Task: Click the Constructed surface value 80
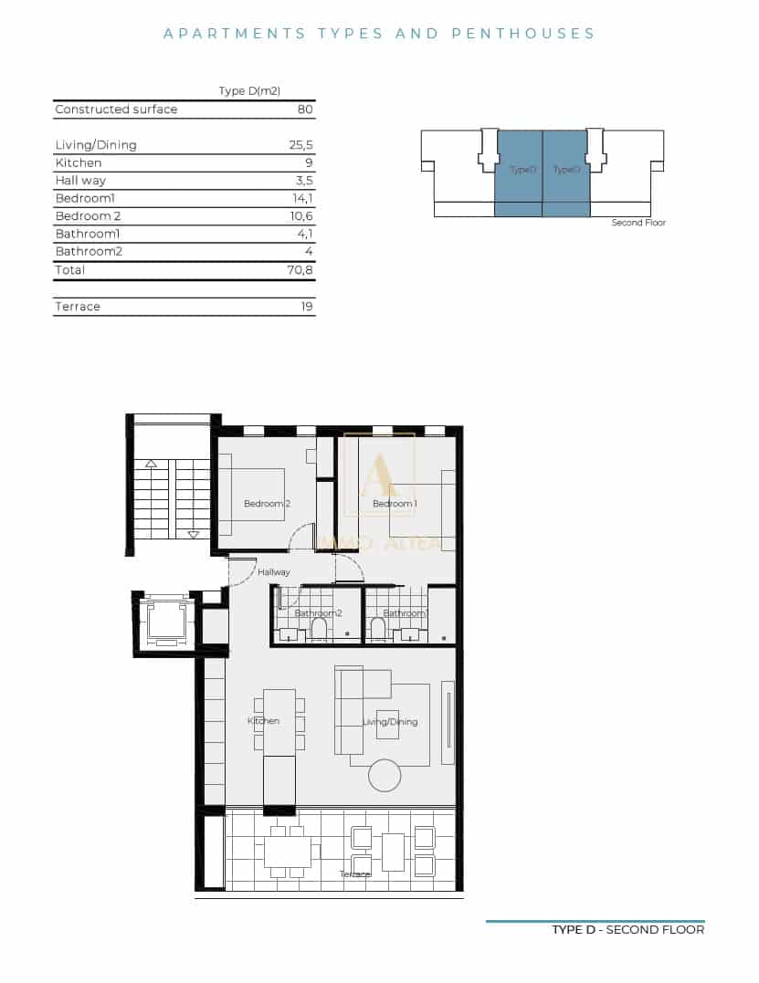(305, 110)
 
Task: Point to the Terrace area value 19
(307, 307)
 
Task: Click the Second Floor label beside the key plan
(638, 223)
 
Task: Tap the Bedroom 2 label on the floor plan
(267, 504)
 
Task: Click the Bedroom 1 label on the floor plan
(395, 504)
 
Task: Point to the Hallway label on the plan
(273, 572)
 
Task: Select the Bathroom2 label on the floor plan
(318, 613)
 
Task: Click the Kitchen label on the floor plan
(263, 721)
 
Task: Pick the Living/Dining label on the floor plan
(390, 722)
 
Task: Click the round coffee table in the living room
(385, 776)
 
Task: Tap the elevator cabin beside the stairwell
(166, 622)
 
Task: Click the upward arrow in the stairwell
(152, 465)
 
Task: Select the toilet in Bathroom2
(319, 630)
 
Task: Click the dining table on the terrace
(288, 852)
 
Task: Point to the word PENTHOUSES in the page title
(523, 34)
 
